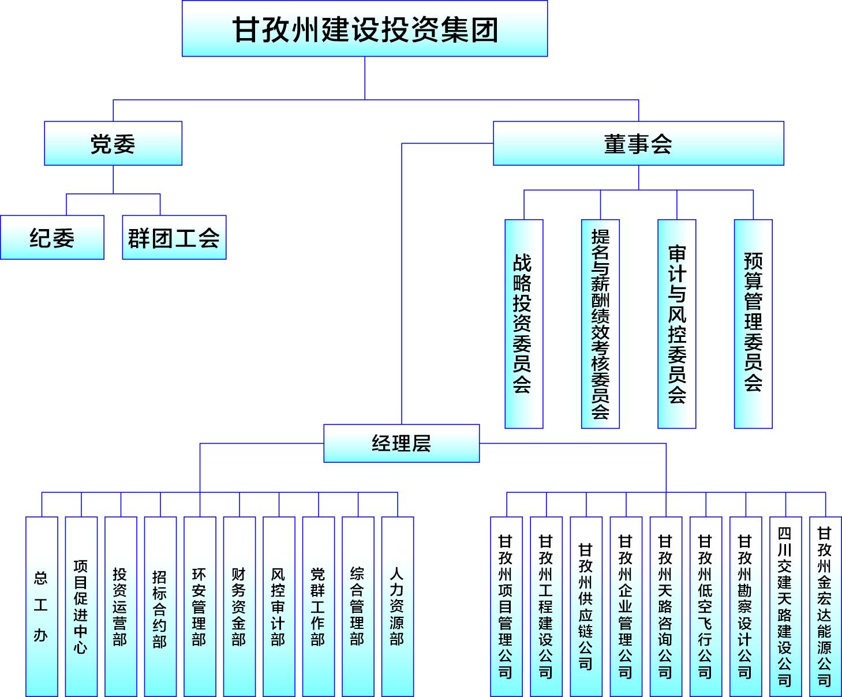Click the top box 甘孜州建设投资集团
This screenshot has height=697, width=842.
[x=365, y=29]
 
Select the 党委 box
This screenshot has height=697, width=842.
[x=113, y=143]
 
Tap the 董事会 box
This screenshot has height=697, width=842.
[x=638, y=143]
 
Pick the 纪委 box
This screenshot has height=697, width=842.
[x=52, y=237]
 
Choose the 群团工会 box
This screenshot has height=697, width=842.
[x=174, y=237]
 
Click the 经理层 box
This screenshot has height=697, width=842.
[x=402, y=443]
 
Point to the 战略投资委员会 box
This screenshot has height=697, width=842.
[x=523, y=324]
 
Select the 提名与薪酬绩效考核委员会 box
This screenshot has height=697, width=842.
[x=600, y=324]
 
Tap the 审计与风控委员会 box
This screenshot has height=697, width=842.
[x=677, y=324]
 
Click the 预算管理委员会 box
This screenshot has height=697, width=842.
[x=753, y=324]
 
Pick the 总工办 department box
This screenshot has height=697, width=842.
[x=42, y=606]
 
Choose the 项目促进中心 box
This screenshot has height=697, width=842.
[x=81, y=606]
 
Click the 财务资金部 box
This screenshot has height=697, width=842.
[x=239, y=606]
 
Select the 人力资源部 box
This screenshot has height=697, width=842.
[x=398, y=606]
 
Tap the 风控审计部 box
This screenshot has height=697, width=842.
[x=279, y=606]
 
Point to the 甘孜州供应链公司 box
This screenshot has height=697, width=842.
[x=586, y=606]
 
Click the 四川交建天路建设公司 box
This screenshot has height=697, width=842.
[x=785, y=606]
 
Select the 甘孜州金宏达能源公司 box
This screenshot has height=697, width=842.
[x=825, y=606]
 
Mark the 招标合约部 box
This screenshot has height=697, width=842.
[x=160, y=606]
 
